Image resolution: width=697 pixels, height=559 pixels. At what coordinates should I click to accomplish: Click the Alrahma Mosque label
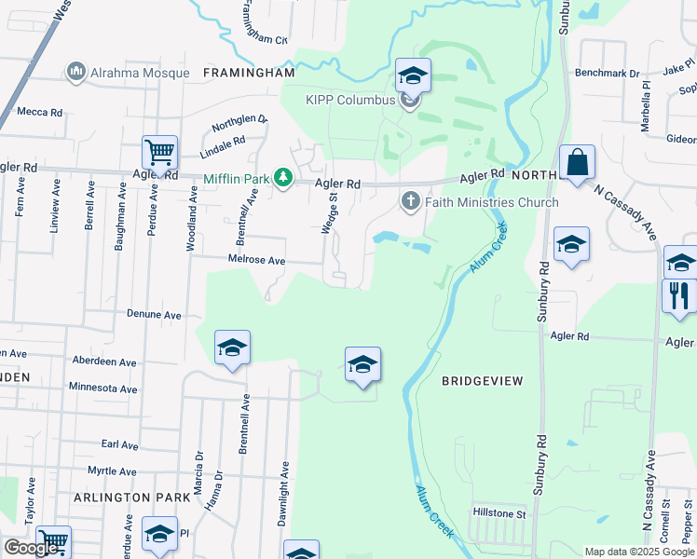click(134, 72)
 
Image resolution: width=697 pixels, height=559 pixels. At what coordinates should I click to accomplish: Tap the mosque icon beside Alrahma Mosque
click(75, 72)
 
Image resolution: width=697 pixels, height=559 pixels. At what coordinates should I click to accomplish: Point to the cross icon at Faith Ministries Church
click(410, 201)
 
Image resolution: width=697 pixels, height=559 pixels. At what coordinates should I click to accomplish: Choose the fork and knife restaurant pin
click(678, 296)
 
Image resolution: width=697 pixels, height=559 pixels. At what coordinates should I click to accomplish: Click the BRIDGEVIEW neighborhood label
click(482, 381)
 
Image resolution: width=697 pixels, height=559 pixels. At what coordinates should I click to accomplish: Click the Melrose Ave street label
click(257, 261)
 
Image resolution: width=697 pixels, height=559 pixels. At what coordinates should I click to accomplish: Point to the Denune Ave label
click(154, 315)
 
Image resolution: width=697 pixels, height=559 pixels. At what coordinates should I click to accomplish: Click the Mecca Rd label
click(39, 112)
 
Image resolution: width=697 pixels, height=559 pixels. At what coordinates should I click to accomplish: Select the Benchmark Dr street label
click(608, 72)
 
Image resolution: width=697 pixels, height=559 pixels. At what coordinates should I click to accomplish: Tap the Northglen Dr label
click(239, 125)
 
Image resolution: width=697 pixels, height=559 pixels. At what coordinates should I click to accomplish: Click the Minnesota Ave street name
click(102, 388)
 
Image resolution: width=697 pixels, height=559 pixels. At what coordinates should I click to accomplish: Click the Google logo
click(31, 548)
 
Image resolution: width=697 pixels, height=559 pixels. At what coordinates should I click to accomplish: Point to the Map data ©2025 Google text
click(639, 552)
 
